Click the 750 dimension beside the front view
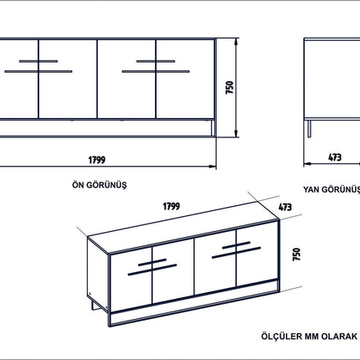click(229, 87)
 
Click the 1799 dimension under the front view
click(97, 160)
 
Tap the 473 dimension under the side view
click(335, 157)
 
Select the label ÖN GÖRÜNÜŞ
click(100, 185)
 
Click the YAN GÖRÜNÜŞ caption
click(332, 189)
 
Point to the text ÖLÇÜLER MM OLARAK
click(309, 337)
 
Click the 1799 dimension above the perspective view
click(172, 206)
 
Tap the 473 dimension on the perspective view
click(285, 207)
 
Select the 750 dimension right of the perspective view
click(296, 255)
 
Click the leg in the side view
click(309, 129)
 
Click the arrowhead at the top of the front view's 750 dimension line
click(236, 42)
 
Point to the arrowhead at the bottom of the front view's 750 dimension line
click(236, 133)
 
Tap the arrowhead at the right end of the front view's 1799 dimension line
click(213, 167)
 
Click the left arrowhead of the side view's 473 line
click(307, 164)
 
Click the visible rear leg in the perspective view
click(93, 305)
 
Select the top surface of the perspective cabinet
click(183, 228)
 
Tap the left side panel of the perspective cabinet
click(98, 275)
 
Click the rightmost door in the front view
click(185, 79)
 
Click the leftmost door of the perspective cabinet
click(131, 280)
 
